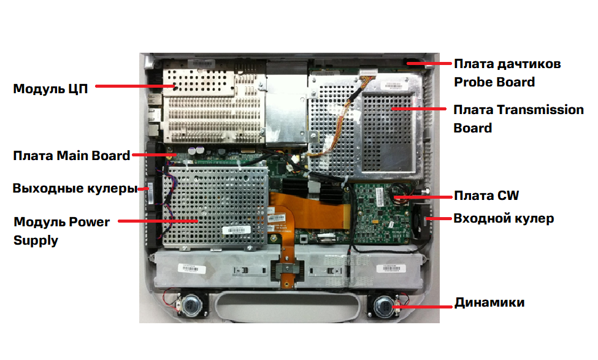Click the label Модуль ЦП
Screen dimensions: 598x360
click(50, 89)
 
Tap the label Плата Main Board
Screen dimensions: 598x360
click(72, 156)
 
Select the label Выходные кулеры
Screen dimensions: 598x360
click(75, 188)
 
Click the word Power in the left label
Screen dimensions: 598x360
click(90, 221)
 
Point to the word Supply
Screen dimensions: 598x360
click(36, 240)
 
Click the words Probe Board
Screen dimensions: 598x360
click(494, 82)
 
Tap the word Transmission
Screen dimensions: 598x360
click(540, 110)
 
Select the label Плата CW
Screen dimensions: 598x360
click(486, 196)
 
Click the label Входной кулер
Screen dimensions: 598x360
click(504, 218)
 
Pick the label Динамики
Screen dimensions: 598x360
click(489, 302)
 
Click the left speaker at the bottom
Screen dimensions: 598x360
click(192, 305)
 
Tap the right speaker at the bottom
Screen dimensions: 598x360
click(384, 305)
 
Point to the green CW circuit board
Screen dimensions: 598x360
click(381, 213)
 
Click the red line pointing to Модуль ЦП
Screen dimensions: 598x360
click(135, 86)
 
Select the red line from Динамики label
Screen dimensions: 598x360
click(423, 307)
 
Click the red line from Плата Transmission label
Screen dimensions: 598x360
click(419, 109)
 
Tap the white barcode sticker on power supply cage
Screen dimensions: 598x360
click(237, 230)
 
